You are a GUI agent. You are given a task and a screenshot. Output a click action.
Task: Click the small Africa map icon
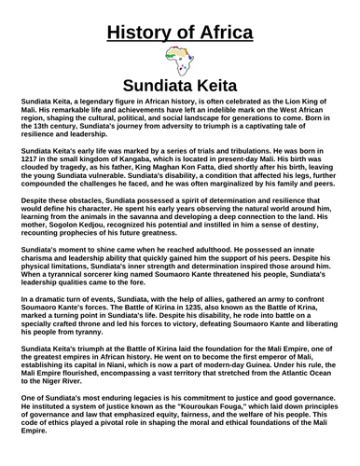point(179,63)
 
